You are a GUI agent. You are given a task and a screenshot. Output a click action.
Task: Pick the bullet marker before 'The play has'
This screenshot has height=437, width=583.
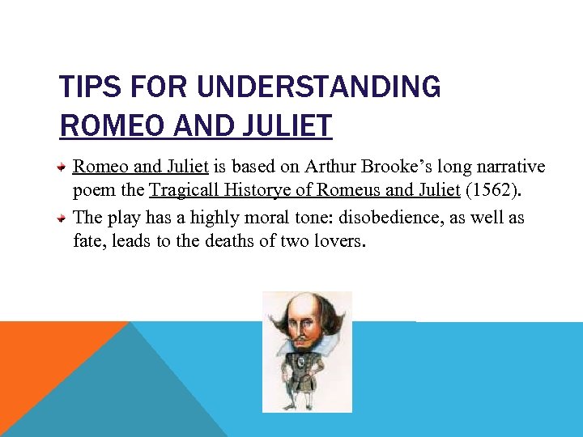pyautogui.click(x=62, y=218)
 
